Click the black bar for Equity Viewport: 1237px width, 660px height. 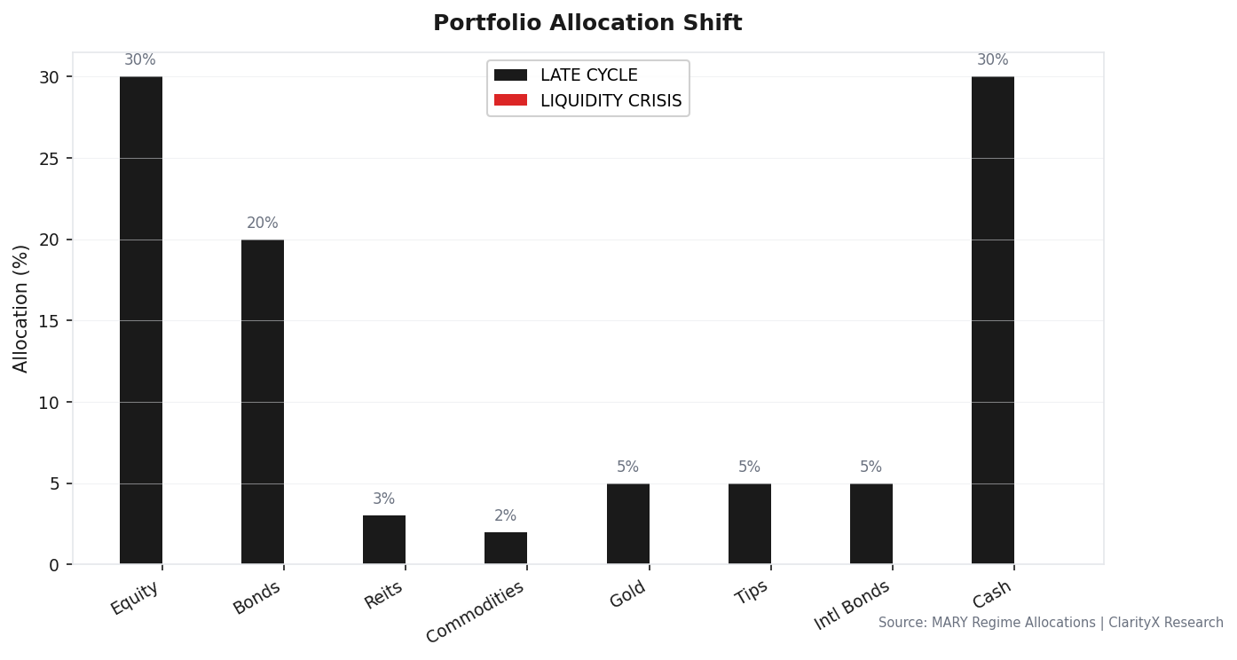click(x=141, y=320)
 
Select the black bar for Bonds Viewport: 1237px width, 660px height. click(x=263, y=402)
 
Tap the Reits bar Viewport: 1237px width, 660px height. click(x=384, y=539)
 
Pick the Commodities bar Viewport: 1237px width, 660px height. click(x=506, y=548)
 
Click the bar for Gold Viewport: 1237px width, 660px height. click(x=627, y=523)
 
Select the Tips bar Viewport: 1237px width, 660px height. click(x=749, y=523)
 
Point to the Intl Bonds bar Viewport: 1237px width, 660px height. click(x=871, y=523)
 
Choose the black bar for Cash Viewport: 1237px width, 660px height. click(x=992, y=320)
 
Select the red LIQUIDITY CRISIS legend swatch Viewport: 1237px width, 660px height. click(x=510, y=100)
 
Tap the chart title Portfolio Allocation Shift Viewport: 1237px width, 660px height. click(x=587, y=24)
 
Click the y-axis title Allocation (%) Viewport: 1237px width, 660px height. click(x=21, y=308)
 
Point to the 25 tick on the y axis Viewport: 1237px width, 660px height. click(x=50, y=159)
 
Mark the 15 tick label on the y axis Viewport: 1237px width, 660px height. click(x=50, y=321)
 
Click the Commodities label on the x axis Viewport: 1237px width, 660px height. click(x=476, y=611)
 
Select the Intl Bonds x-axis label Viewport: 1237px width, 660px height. click(x=852, y=605)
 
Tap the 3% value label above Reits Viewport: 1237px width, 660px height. click(x=383, y=499)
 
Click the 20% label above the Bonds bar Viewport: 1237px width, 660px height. click(x=263, y=224)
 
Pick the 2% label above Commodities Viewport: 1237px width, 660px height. click(x=505, y=516)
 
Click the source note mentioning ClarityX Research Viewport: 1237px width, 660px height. click(x=1051, y=623)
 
